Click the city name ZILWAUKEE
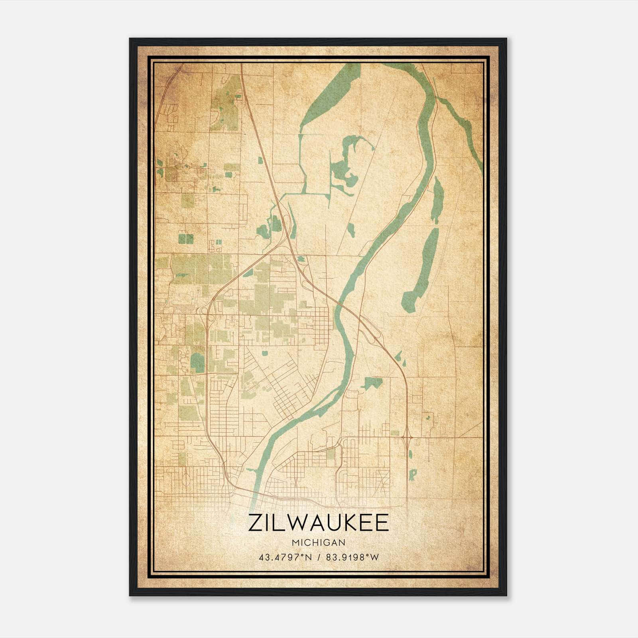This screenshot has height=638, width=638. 318,523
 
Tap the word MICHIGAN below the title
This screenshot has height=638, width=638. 318,543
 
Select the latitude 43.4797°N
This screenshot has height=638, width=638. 285,557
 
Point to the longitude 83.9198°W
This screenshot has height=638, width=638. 352,557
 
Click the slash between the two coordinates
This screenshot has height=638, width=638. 319,557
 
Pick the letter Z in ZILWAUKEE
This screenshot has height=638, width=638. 254,523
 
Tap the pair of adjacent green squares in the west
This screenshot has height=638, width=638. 186,238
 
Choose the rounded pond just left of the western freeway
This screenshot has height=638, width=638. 197,362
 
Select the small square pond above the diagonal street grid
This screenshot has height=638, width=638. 264,352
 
